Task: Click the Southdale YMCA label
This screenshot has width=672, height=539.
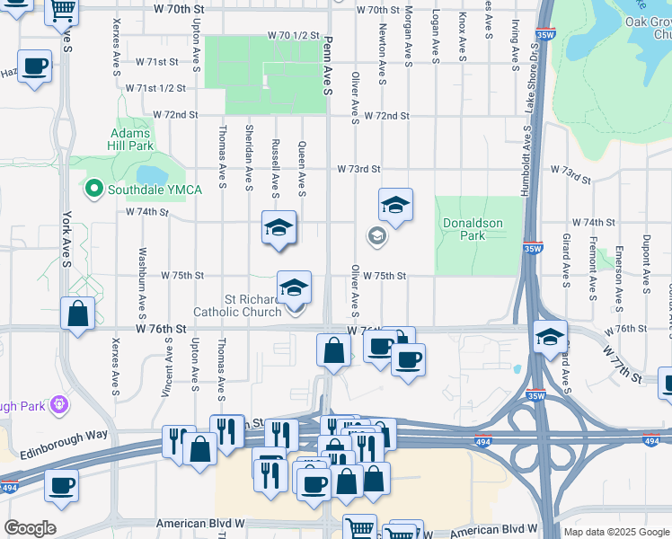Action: pyautogui.click(x=155, y=189)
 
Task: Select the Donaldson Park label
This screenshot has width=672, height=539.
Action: pyautogui.click(x=472, y=229)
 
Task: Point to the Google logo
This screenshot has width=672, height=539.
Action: pyautogui.click(x=30, y=528)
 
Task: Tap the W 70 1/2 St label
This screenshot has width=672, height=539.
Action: pyautogui.click(x=294, y=35)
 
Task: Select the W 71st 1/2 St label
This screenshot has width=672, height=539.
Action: pyautogui.click(x=155, y=88)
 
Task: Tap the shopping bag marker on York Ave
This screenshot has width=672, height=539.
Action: pyautogui.click(x=78, y=315)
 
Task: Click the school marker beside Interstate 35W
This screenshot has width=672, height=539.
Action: pyautogui.click(x=549, y=337)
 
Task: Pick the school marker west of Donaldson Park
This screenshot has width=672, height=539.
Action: pyautogui.click(x=394, y=206)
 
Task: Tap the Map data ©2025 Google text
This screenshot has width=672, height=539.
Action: pyautogui.click(x=615, y=532)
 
